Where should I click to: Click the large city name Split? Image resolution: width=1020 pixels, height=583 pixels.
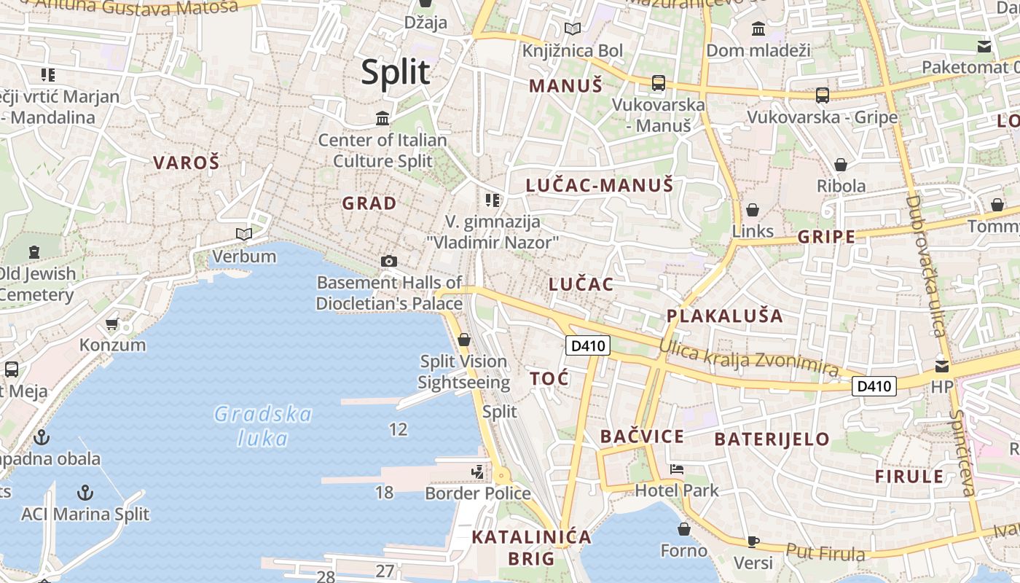point(396,72)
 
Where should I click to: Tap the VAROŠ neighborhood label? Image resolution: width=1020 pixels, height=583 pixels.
point(186,163)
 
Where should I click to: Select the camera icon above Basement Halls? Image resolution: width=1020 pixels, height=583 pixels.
point(389,261)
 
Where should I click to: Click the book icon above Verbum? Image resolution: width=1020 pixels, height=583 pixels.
point(244,234)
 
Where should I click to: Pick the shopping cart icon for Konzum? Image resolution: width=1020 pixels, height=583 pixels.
point(111,324)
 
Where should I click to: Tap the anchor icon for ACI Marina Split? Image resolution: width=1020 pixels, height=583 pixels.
point(85,492)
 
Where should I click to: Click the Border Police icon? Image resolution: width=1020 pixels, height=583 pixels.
point(478,472)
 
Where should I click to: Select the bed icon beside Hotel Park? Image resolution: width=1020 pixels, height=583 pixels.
point(677,469)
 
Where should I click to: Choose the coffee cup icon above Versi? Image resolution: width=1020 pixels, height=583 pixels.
point(753,541)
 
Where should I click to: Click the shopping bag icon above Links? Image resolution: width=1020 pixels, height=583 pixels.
point(753,210)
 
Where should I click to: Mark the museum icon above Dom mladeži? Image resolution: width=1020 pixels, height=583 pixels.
point(758,29)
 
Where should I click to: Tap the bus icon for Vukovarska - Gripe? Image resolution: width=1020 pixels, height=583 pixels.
point(823,95)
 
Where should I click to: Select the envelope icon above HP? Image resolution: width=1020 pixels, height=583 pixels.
point(942,366)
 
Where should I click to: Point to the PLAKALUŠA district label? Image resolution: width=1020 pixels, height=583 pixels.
point(724,316)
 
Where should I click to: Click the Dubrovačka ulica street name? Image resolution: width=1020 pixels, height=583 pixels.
point(926,265)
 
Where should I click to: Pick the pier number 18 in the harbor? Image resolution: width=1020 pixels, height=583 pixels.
point(384,493)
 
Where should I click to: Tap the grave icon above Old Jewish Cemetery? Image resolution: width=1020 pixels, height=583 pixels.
point(34,252)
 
